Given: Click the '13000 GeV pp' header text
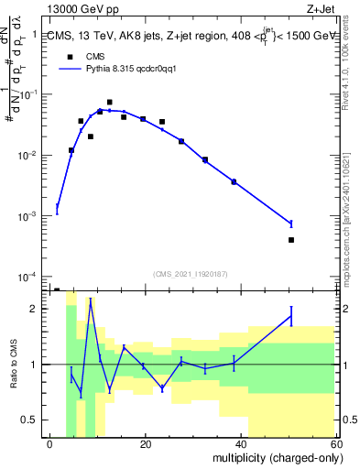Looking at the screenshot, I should pos(74,8).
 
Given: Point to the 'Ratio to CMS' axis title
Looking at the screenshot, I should pos(12,365).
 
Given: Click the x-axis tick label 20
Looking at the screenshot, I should pos(145,444).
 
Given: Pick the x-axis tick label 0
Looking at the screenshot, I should pos(50,444).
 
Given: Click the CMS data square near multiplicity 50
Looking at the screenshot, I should pos(290,240).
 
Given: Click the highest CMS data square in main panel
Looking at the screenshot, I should pos(109,103).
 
